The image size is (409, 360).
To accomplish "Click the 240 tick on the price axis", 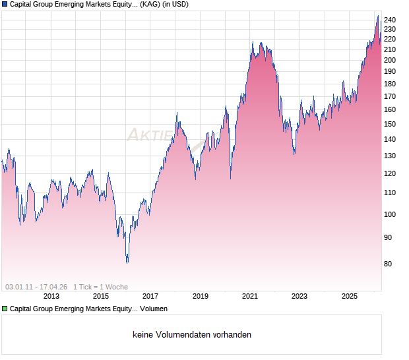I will click(x=390, y=20).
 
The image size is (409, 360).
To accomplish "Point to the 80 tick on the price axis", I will click(x=388, y=264).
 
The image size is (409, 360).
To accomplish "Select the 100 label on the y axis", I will click(x=390, y=214).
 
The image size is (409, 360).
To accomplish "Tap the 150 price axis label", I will click(x=390, y=124).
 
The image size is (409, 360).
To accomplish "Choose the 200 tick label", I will click(x=390, y=60).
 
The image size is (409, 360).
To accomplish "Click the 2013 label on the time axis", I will click(x=51, y=296).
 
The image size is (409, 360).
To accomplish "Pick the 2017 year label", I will click(x=150, y=296).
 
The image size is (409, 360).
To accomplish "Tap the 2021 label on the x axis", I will click(x=250, y=296).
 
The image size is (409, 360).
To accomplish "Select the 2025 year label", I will click(x=350, y=296).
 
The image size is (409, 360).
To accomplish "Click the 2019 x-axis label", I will click(x=200, y=296).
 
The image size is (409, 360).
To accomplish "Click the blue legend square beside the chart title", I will click(x=5, y=4).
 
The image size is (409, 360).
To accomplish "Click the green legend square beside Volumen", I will click(x=5, y=309).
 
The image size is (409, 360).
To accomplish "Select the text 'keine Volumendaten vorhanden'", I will click(x=192, y=335).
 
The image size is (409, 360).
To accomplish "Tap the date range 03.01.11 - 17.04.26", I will click(x=36, y=287).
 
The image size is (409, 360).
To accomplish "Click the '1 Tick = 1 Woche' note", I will click(x=100, y=287).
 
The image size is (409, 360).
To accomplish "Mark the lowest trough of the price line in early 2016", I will click(x=127, y=262).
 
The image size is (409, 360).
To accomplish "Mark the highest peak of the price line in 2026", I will click(x=377, y=16).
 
